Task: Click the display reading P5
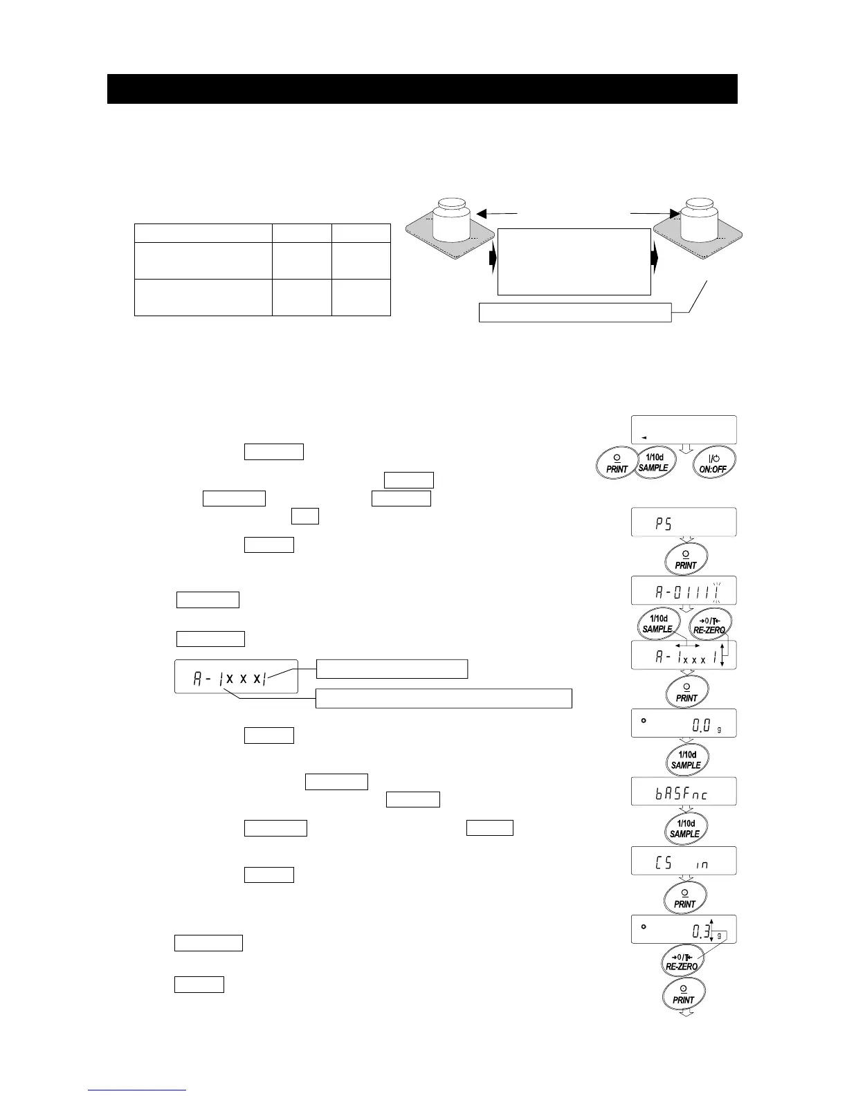tap(683, 522)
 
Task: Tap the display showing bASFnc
tap(683, 792)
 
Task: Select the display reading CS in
tap(683, 861)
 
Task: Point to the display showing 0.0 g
tap(683, 724)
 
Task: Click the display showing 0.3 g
tap(683, 929)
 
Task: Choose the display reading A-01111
tap(683, 591)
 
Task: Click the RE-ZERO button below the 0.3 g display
tap(682, 962)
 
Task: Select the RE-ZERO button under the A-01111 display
tap(711, 625)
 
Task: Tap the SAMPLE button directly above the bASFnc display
tap(686, 760)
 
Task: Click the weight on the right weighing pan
tap(701, 219)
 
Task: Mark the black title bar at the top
tap(422, 89)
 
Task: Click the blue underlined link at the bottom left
tap(137, 1090)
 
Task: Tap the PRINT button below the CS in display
tap(684, 899)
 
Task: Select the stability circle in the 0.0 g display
tap(644, 720)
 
